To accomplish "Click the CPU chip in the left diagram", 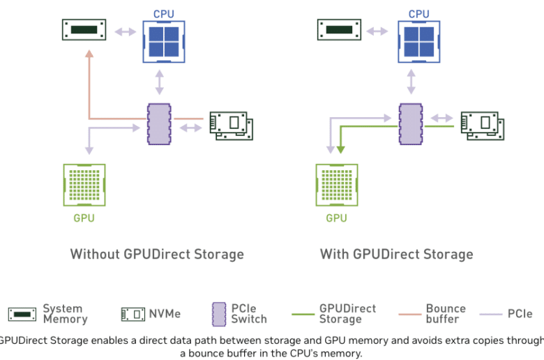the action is [164, 42].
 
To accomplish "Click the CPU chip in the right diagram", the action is [418, 42].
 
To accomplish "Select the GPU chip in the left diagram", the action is [84, 185].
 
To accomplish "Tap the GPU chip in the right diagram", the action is [337, 185].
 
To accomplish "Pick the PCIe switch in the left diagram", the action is [159, 124].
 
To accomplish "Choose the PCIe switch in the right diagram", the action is [411, 124].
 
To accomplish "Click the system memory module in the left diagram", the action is [84, 30].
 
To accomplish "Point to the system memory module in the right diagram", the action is [339, 30].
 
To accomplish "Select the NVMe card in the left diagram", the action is [232, 126].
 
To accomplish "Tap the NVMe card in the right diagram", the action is [483, 126].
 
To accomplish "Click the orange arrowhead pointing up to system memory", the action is [89, 54].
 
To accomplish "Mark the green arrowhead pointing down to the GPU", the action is [340, 149].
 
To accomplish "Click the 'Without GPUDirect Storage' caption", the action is [157, 254].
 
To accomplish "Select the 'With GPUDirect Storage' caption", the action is [397, 254].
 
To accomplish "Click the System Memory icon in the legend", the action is [22, 315].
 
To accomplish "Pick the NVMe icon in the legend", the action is [133, 314].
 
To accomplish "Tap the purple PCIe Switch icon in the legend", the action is [219, 314].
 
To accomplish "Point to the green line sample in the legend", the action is [303, 315].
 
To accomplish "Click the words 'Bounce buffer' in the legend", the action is [446, 313].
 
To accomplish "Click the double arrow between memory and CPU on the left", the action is [126, 32].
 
